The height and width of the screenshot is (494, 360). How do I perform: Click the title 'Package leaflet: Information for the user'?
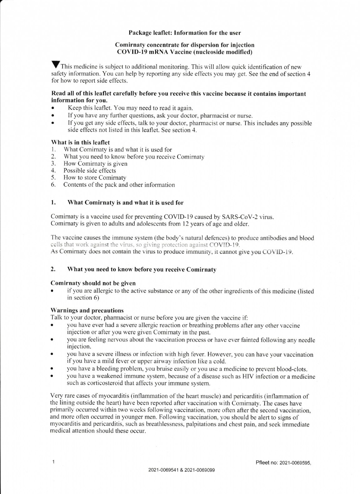click(x=185, y=33)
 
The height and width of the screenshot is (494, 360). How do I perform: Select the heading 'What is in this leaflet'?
click(x=81, y=142)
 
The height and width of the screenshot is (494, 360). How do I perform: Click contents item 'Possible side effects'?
click(x=90, y=170)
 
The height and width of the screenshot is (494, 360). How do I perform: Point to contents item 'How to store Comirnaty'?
click(x=95, y=178)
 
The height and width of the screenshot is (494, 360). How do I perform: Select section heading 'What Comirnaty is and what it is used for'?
click(x=125, y=203)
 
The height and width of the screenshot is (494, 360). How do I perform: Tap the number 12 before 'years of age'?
click(x=187, y=224)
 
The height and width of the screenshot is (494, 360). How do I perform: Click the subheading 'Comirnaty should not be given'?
click(x=93, y=283)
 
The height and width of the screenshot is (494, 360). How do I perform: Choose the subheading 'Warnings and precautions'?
click(x=87, y=310)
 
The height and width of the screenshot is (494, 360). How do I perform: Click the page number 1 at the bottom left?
click(x=54, y=462)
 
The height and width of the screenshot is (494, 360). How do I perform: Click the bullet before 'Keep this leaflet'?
click(x=53, y=108)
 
